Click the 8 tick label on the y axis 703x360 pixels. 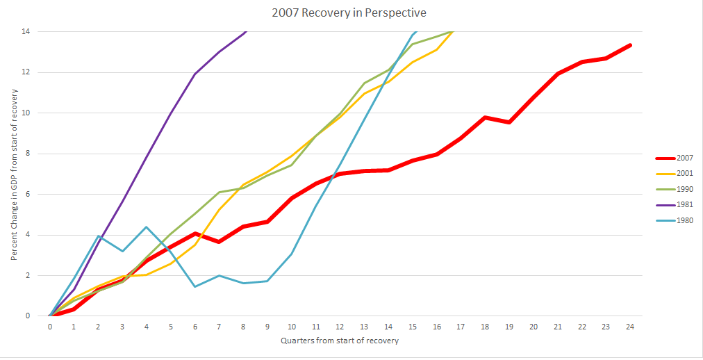(x=28, y=154)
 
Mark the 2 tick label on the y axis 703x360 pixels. (x=28, y=275)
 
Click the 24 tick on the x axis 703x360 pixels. (x=629, y=327)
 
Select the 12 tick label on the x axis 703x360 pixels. (x=340, y=327)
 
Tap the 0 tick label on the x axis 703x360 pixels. (x=50, y=327)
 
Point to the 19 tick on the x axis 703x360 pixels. (x=508, y=327)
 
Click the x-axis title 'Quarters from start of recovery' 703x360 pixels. (x=340, y=341)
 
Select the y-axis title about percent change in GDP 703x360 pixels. (x=14, y=174)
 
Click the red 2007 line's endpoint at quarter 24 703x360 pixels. (x=629, y=45)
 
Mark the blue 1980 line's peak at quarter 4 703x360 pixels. (x=147, y=227)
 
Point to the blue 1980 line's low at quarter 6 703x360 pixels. (x=195, y=286)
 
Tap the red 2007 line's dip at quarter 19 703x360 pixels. (x=508, y=122)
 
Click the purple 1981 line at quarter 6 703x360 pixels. (x=195, y=74)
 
